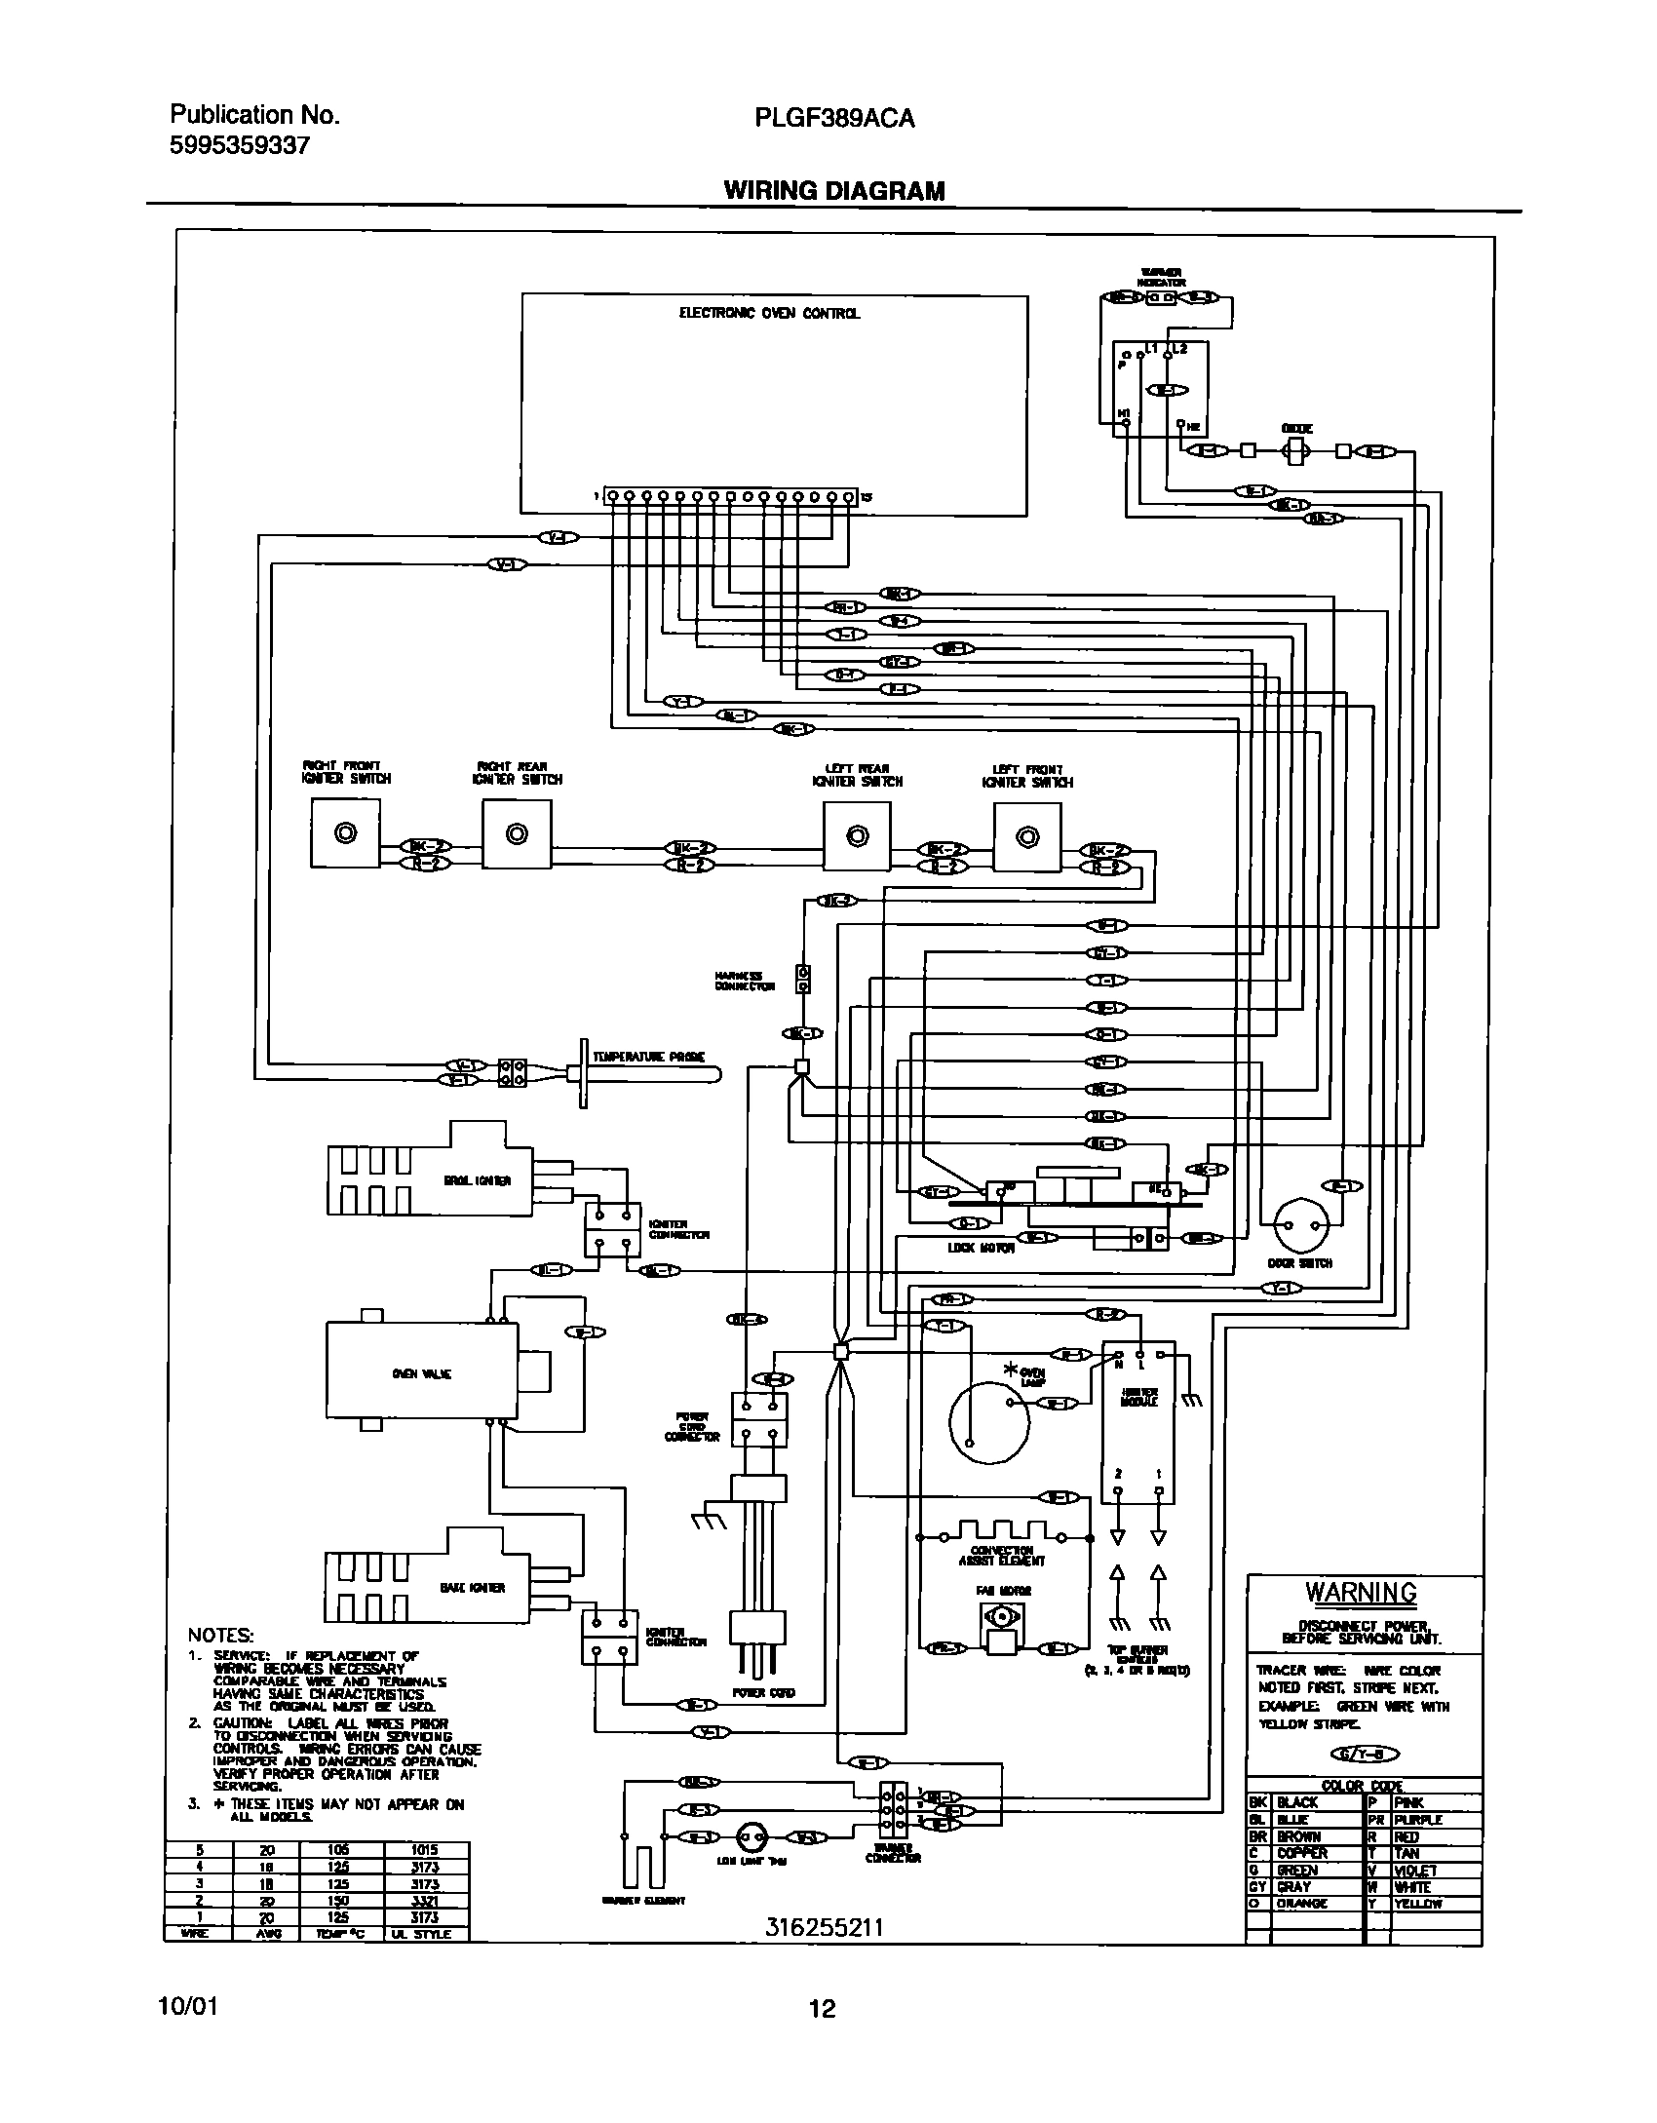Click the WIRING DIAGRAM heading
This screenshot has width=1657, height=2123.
coord(833,191)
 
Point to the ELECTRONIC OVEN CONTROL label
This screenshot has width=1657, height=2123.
coord(769,314)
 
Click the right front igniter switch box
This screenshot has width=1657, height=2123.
coord(345,833)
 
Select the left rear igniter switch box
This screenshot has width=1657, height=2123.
coord(856,835)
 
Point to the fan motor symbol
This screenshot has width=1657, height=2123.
coord(1000,1617)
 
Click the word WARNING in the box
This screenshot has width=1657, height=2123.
coord(1361,1593)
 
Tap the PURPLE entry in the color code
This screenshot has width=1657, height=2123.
coord(1418,1820)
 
